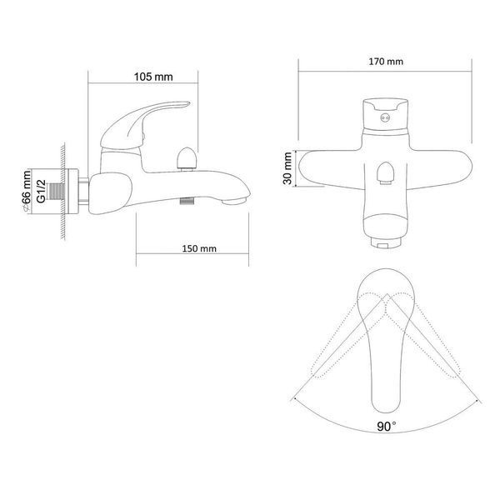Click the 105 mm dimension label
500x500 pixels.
click(x=153, y=77)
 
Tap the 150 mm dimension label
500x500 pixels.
click(x=199, y=248)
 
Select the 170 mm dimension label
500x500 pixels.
click(x=386, y=62)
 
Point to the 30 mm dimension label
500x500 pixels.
click(x=287, y=168)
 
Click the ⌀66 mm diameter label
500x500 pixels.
click(x=26, y=192)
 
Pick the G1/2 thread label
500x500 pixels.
click(x=41, y=192)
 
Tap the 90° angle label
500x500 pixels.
click(x=387, y=427)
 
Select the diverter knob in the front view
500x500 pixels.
click(x=386, y=173)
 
